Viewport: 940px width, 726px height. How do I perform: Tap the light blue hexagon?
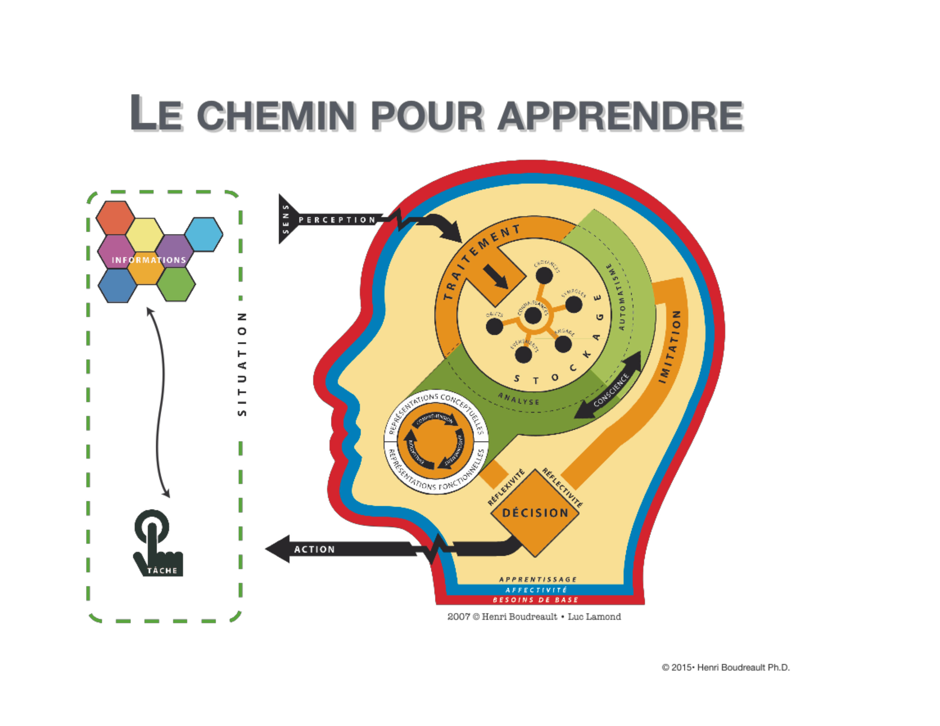click(x=204, y=234)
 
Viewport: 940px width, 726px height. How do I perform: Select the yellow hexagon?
click(x=145, y=234)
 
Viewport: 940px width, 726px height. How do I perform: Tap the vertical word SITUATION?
click(x=242, y=364)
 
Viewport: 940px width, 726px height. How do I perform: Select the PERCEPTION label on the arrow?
click(x=337, y=220)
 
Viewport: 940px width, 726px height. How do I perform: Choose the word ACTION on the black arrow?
click(x=314, y=549)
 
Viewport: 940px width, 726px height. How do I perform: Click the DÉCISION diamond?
click(x=535, y=513)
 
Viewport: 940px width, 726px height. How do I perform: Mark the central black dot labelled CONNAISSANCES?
click(x=533, y=315)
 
